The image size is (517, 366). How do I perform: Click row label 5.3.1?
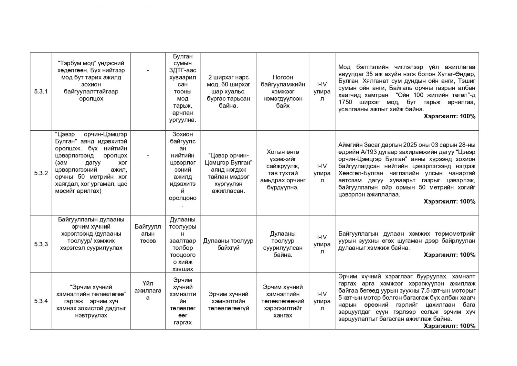(x=41, y=91)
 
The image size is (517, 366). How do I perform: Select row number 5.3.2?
(x=41, y=173)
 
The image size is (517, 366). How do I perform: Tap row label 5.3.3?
(x=41, y=244)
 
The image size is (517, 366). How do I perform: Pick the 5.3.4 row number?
(x=41, y=301)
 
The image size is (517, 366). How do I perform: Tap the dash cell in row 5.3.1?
(x=148, y=70)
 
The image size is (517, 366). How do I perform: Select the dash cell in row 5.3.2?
(x=148, y=156)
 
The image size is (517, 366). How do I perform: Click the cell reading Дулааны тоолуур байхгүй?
(x=228, y=244)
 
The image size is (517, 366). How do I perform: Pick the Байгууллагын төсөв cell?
(x=148, y=233)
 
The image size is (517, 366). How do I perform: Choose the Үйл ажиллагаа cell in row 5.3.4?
(x=148, y=291)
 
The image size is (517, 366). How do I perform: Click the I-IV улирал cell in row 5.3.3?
(x=322, y=244)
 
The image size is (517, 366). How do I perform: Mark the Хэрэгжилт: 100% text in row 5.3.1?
(x=449, y=116)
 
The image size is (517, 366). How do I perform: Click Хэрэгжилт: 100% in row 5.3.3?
(x=449, y=255)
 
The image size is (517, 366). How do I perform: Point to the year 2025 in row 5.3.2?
(x=398, y=145)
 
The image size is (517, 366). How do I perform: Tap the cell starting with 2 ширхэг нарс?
(x=228, y=91)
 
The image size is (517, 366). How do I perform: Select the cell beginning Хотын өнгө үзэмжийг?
(x=283, y=169)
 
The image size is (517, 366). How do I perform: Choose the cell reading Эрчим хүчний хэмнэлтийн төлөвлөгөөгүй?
(x=228, y=301)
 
